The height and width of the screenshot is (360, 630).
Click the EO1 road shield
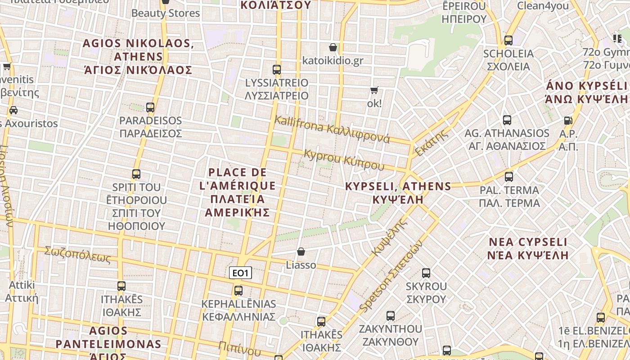[x=240, y=273]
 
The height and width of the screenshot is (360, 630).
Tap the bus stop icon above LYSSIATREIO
[x=277, y=70]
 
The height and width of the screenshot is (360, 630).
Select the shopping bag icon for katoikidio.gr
[x=333, y=47]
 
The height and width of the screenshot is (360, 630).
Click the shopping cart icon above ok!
[x=374, y=90]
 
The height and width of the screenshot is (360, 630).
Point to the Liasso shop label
[x=301, y=265]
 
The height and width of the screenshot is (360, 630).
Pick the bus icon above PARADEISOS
[x=150, y=108]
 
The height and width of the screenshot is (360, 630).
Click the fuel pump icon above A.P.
[x=568, y=121]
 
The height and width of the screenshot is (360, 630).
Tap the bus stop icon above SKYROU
[x=426, y=273]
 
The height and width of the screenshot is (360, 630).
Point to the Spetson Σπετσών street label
[x=391, y=275]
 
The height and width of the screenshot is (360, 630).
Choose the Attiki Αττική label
[x=22, y=291]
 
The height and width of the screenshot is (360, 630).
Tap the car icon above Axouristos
[x=13, y=110]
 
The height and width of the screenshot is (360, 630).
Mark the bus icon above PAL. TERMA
[x=509, y=176]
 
